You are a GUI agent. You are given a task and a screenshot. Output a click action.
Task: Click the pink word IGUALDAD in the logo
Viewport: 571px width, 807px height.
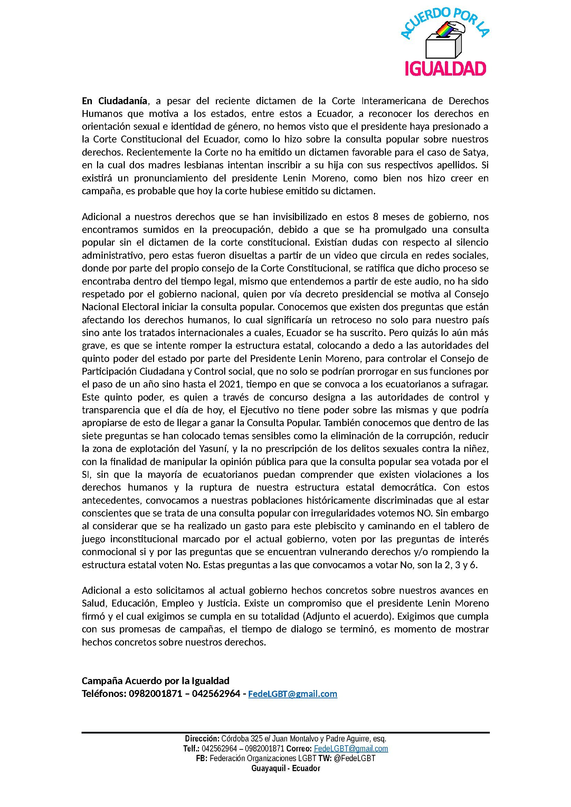pos(445,68)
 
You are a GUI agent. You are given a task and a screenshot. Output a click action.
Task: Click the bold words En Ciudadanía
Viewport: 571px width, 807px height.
pos(114,101)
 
